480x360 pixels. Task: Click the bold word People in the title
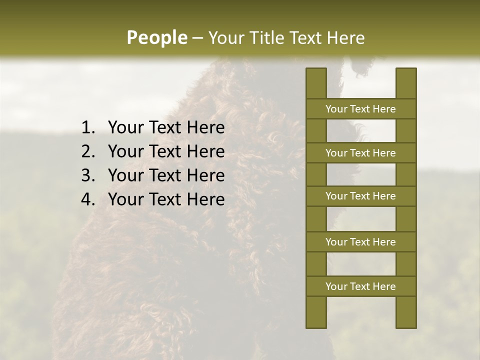click(156, 38)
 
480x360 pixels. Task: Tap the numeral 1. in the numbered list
click(88, 128)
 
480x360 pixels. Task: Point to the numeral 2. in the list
click(88, 152)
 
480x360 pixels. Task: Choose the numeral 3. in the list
click(88, 176)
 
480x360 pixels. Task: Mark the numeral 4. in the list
click(88, 200)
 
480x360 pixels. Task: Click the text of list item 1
click(166, 128)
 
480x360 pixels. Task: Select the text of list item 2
click(166, 152)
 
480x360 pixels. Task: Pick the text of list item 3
click(166, 176)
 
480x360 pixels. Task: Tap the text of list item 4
click(166, 200)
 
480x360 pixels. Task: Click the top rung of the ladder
click(360, 109)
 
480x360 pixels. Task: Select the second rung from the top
click(360, 153)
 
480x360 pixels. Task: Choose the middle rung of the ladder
click(360, 196)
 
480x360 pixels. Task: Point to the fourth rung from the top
click(360, 242)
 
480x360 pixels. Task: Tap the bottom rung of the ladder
click(360, 286)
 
